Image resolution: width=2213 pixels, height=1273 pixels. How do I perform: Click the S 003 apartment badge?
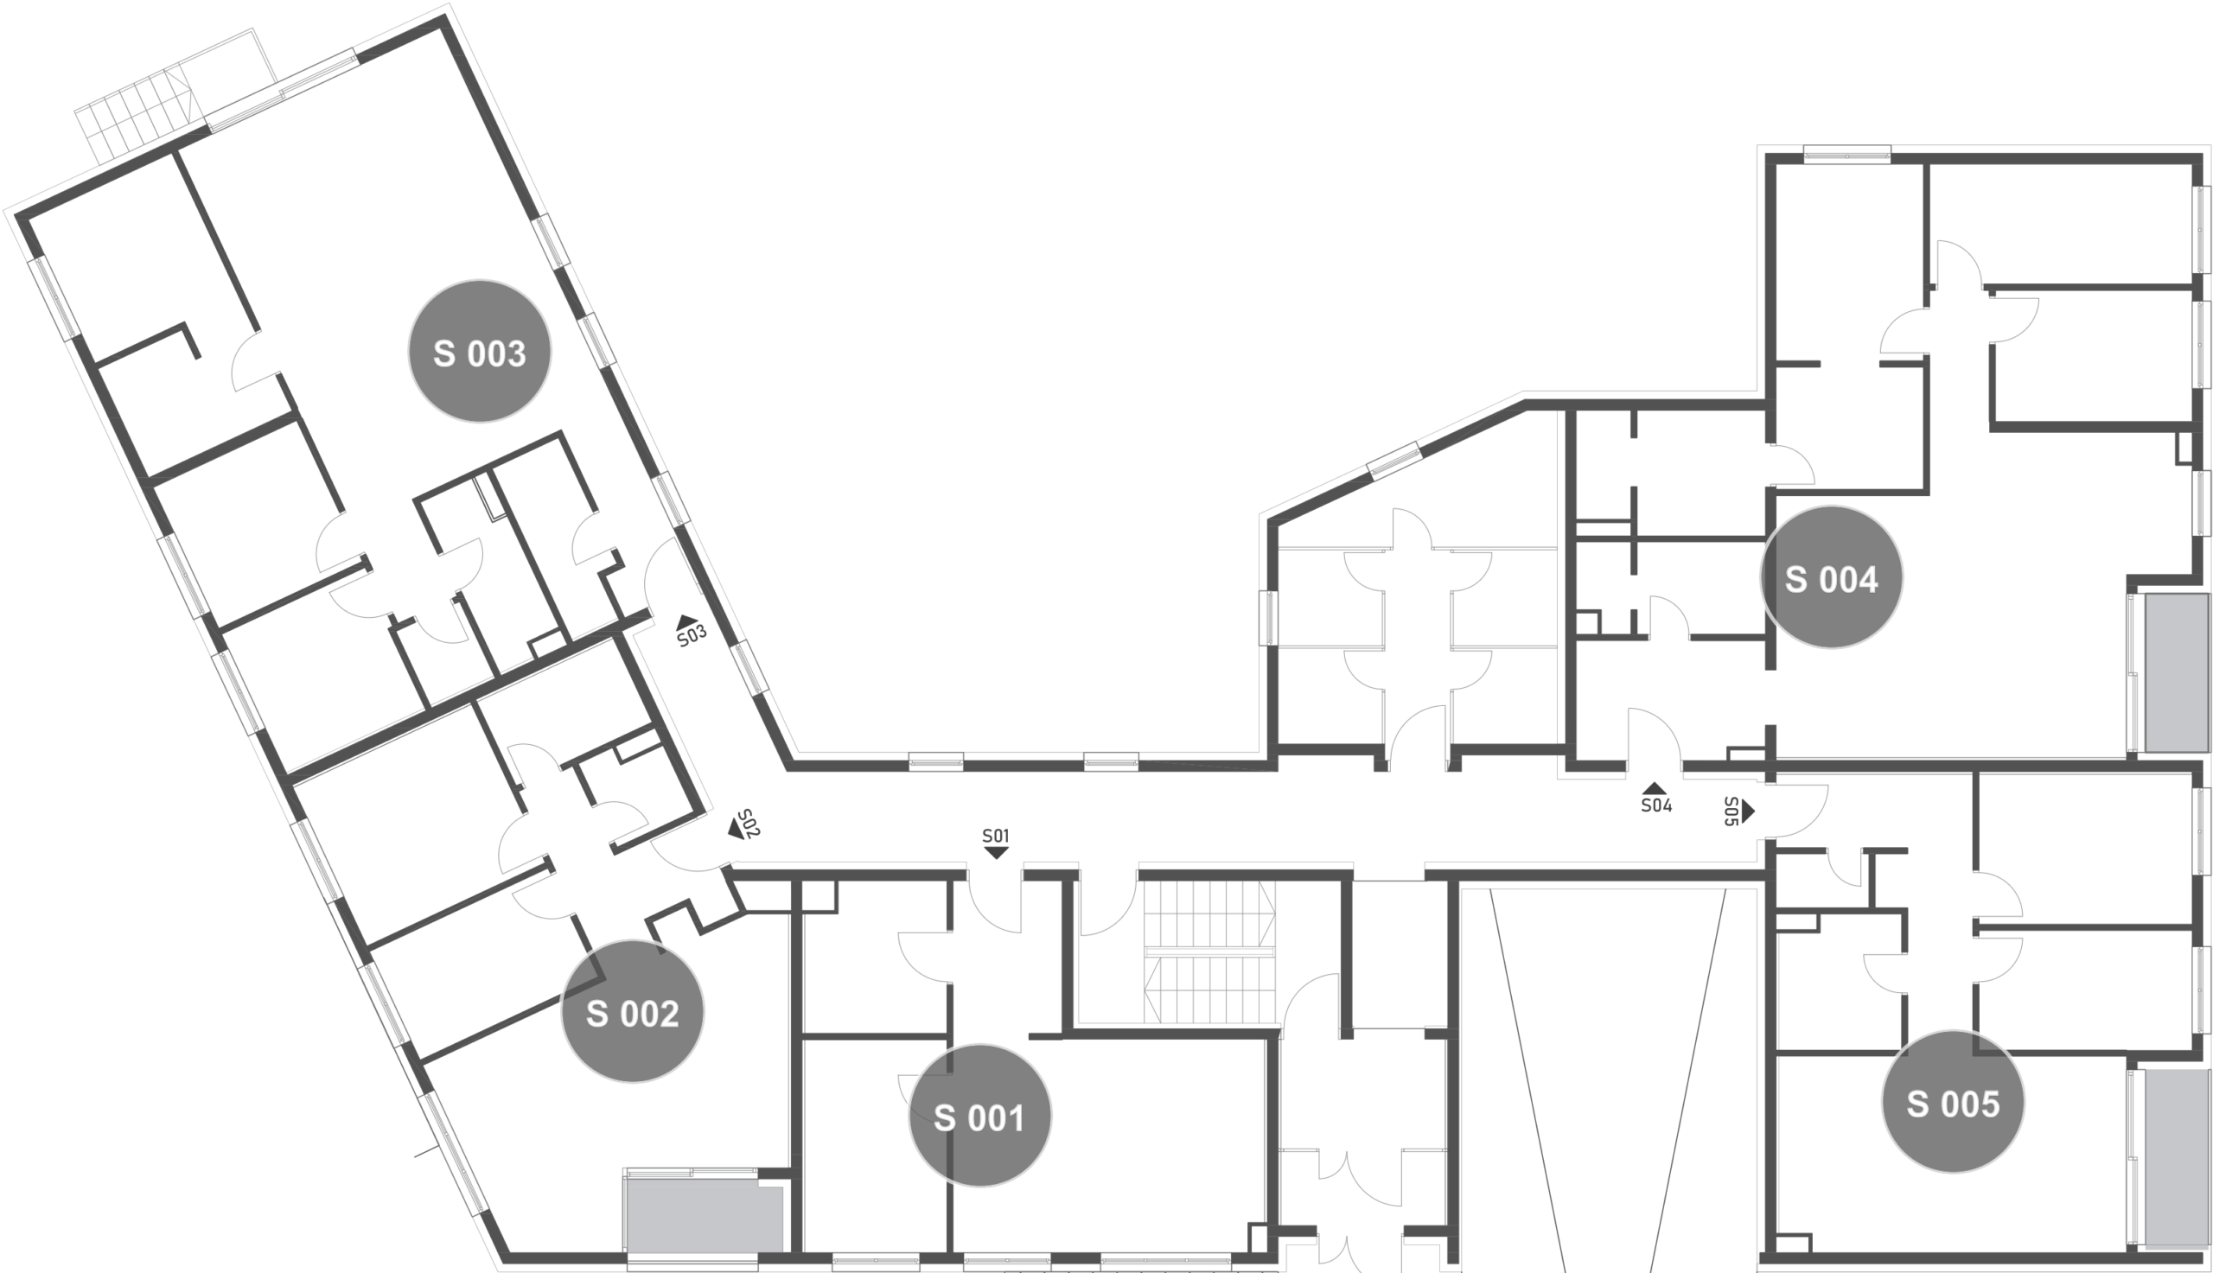click(479, 352)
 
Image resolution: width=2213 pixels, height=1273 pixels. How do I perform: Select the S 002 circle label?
click(632, 1012)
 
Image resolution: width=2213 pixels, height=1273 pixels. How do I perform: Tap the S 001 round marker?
click(979, 1116)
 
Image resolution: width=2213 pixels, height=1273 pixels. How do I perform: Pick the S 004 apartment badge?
click(1831, 577)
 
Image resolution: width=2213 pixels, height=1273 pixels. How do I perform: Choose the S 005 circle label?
click(1953, 1102)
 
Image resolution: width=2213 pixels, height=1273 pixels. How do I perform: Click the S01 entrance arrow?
click(996, 852)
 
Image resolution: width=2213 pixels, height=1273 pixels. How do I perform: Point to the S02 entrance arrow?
click(737, 829)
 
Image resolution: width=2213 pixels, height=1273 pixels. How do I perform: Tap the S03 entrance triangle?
click(688, 621)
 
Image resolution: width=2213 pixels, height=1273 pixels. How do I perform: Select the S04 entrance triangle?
click(1655, 788)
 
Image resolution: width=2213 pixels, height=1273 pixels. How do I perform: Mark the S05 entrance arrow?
click(1748, 812)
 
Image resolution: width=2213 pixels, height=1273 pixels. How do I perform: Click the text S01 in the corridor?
click(996, 836)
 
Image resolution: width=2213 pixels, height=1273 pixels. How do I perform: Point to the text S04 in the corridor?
click(1656, 805)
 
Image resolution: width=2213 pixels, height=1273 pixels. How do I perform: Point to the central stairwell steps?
click(1209, 952)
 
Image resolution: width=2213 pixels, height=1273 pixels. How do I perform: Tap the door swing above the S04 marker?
click(1654, 735)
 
